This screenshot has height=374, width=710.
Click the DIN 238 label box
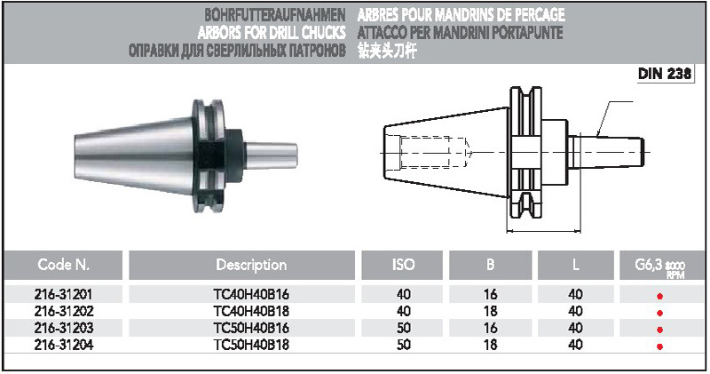tap(665, 74)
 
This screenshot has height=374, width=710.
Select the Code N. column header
tap(63, 265)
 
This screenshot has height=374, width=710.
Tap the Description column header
tap(251, 265)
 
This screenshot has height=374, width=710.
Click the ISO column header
tap(403, 265)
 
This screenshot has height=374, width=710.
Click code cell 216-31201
tap(63, 295)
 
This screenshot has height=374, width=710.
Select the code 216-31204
tap(63, 345)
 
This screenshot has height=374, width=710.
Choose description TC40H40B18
tap(251, 312)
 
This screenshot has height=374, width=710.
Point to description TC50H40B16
tap(251, 328)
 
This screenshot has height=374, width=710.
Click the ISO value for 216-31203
tap(404, 328)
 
